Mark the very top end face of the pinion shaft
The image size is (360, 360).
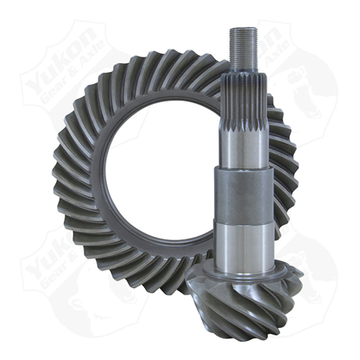[243, 29]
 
